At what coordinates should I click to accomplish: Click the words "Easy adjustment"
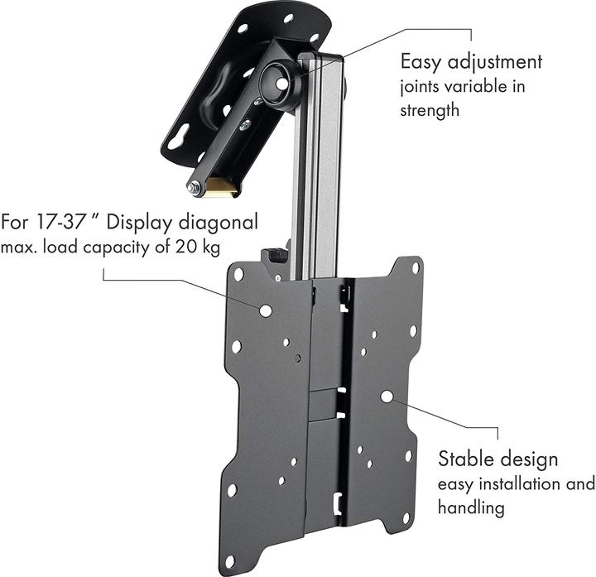pos(471,61)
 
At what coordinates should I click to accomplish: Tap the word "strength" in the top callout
pos(430,109)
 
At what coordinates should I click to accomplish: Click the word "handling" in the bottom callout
pos(471,507)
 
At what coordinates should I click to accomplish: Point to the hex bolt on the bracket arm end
pos(195,189)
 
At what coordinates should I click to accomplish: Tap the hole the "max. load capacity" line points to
pos(265,310)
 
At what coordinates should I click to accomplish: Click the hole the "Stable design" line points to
pos(387,397)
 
